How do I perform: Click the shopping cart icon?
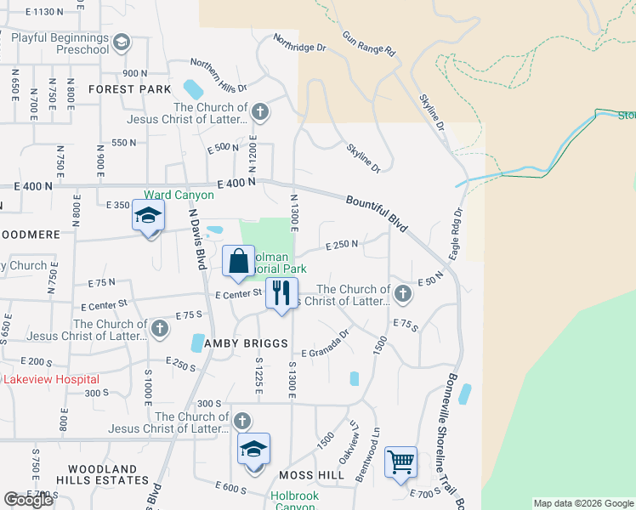[x=400, y=463]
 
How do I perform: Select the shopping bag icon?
[x=239, y=261]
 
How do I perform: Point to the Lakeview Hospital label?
[x=51, y=379]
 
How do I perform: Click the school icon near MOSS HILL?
[x=253, y=450]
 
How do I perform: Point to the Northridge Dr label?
[x=299, y=42]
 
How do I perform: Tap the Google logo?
[x=28, y=500]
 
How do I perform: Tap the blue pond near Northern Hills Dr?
[x=193, y=88]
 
